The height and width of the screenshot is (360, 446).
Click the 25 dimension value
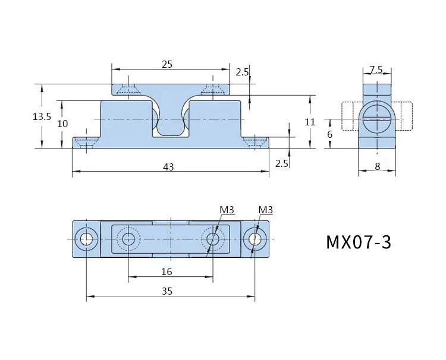point(167,65)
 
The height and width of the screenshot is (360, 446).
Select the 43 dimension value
point(168,167)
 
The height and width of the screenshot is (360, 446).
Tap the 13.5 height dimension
point(42,116)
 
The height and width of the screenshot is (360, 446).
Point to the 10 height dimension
point(63,124)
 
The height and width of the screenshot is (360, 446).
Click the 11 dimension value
point(310,122)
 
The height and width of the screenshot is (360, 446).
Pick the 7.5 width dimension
point(376,70)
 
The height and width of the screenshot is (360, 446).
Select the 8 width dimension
point(378,166)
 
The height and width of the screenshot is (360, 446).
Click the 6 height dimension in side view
point(329,134)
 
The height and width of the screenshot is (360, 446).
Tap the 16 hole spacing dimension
point(167,272)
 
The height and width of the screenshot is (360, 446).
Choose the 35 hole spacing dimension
point(167,291)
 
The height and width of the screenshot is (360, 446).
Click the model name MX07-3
point(359,242)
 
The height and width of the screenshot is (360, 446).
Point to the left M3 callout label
point(227,210)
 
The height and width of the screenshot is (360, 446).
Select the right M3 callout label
point(266,210)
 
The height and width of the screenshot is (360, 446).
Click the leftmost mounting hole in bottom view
point(86,239)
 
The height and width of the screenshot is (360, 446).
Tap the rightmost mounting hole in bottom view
point(255,239)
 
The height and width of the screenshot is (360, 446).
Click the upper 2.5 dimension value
point(242,72)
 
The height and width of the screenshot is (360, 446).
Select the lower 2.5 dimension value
point(282,163)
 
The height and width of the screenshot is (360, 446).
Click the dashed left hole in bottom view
point(128,239)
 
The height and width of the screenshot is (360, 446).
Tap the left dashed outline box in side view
point(347,116)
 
